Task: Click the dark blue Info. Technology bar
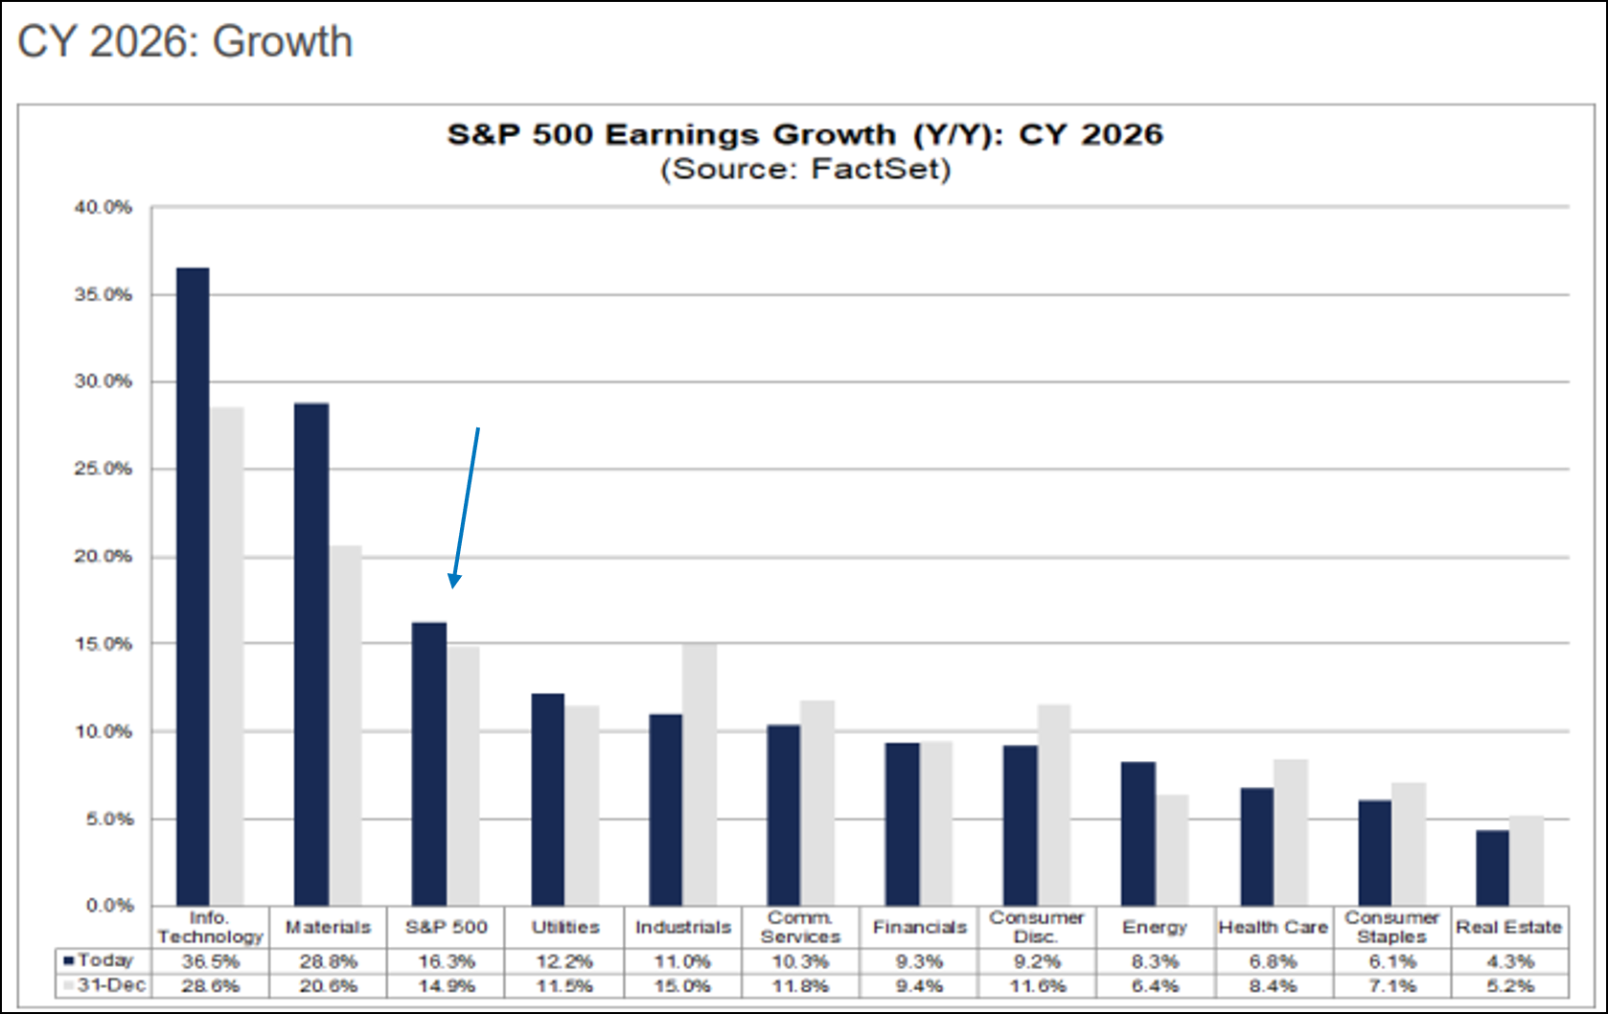click(193, 587)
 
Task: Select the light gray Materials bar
click(346, 726)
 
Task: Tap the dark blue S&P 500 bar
click(429, 764)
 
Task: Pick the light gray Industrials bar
click(700, 774)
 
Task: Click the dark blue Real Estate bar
click(1492, 867)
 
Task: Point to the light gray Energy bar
click(1172, 850)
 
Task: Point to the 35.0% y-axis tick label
click(103, 295)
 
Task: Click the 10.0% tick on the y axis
click(103, 732)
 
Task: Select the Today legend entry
click(100, 960)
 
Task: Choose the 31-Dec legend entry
click(105, 985)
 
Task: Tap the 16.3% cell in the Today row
click(446, 961)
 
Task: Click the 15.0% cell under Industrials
click(682, 986)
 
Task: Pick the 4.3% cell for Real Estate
click(1510, 961)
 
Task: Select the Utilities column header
click(564, 927)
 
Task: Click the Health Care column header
click(1273, 927)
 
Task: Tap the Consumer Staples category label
click(1391, 927)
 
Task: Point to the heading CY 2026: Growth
click(185, 42)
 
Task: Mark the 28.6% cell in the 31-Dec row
click(210, 986)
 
